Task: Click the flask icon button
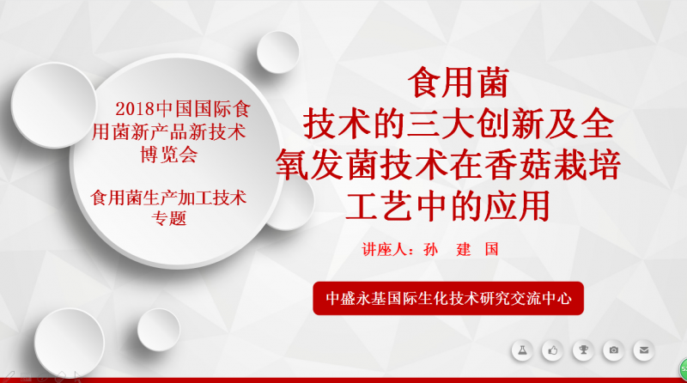pos(522,350)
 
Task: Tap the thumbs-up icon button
pos(552,350)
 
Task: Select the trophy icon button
pos(583,350)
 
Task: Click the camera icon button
pos(613,350)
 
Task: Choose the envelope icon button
pos(643,350)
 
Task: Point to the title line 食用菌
pos(459,82)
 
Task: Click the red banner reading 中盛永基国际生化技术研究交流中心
pos(448,299)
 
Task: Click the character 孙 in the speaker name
pos(431,250)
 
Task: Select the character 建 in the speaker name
pos(464,250)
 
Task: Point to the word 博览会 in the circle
pos(169,155)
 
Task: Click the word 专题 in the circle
pos(169,218)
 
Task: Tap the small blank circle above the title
pos(277,52)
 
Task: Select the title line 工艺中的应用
pos(447,205)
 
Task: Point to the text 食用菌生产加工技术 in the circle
pos(168,198)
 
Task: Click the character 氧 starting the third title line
pos(292,165)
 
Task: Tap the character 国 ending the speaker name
pos(491,250)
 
